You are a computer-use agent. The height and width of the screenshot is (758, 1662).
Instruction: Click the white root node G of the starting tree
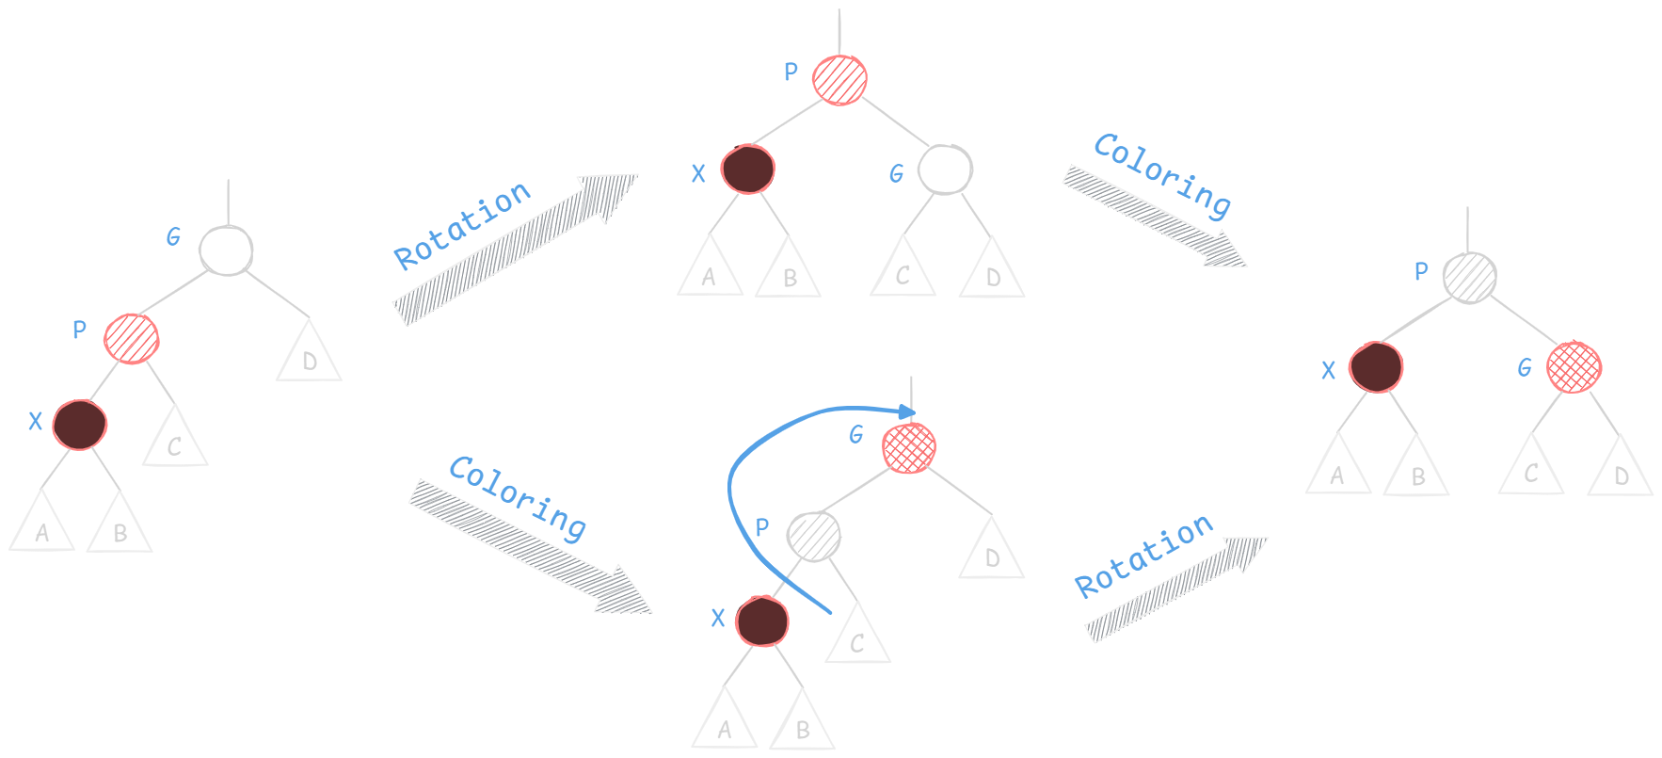pyautogui.click(x=226, y=250)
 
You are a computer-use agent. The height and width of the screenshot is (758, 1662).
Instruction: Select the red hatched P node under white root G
pyautogui.click(x=132, y=338)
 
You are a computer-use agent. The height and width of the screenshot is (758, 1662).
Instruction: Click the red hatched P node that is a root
pyautogui.click(x=839, y=79)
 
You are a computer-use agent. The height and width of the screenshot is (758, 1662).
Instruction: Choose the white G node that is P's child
pyautogui.click(x=945, y=169)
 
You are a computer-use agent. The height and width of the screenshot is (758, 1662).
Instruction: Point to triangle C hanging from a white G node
pyautogui.click(x=903, y=270)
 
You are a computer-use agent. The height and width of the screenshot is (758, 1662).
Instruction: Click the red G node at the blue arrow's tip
pyautogui.click(x=909, y=448)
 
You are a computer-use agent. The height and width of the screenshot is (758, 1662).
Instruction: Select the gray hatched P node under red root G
pyautogui.click(x=814, y=537)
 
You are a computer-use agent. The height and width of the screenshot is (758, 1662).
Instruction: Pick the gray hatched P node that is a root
pyautogui.click(x=1469, y=278)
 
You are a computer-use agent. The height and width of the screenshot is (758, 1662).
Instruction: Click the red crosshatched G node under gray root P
pyautogui.click(x=1574, y=367)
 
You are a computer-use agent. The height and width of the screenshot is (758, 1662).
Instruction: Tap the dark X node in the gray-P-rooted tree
pyautogui.click(x=1376, y=367)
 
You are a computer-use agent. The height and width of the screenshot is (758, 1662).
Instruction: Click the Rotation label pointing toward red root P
pyautogui.click(x=462, y=226)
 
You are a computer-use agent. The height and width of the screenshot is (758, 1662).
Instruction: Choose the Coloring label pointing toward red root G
pyautogui.click(x=518, y=497)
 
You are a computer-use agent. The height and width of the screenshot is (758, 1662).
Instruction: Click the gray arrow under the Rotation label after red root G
pyautogui.click(x=1175, y=589)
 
